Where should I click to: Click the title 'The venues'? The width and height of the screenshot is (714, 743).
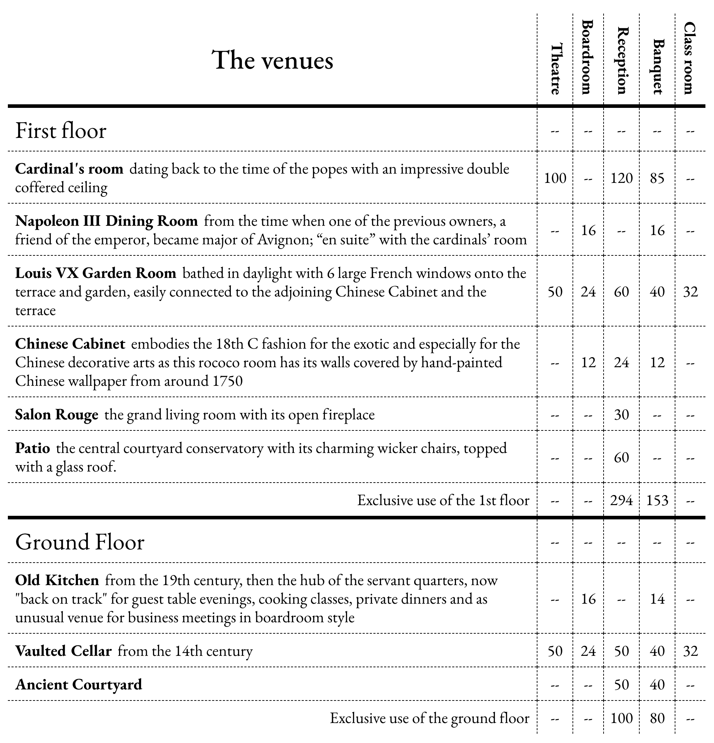[x=272, y=60]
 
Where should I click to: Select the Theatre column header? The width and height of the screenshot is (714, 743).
[x=555, y=69]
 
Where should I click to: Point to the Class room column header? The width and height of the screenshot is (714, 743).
[x=690, y=58]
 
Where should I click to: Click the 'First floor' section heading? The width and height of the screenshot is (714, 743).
[x=61, y=131]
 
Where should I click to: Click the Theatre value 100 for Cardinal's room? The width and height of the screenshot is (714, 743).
[x=555, y=178]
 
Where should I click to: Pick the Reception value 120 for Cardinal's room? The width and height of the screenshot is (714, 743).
[x=621, y=178]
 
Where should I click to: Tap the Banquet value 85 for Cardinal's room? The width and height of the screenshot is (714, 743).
[x=657, y=178]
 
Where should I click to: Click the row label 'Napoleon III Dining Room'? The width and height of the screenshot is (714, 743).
[x=106, y=221]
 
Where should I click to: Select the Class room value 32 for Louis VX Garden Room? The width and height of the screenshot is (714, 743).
[x=690, y=291]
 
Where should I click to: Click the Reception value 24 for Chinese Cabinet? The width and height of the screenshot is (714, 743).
[x=621, y=363]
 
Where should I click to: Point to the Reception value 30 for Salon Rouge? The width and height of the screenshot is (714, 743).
[x=621, y=414]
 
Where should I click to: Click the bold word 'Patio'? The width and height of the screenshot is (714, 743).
[x=33, y=448]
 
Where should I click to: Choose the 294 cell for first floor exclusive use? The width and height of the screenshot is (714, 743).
[x=621, y=500]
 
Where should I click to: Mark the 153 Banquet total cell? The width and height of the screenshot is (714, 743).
[x=657, y=500]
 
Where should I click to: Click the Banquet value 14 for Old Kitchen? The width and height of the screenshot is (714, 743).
[x=657, y=599]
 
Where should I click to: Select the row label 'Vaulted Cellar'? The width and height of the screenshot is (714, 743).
[x=63, y=651]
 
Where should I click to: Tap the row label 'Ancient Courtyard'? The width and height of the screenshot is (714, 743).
[x=79, y=684]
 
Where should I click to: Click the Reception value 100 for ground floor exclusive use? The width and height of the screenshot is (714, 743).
[x=621, y=718]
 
